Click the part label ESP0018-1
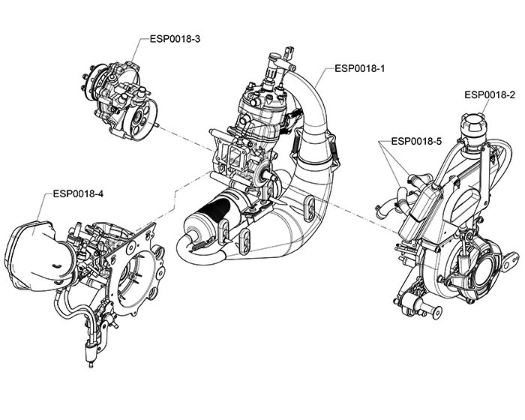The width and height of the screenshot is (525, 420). (x=359, y=69)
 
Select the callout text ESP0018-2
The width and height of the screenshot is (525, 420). (x=489, y=94)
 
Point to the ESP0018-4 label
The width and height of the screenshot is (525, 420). (x=78, y=193)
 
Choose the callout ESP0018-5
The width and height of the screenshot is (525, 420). (x=417, y=140)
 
